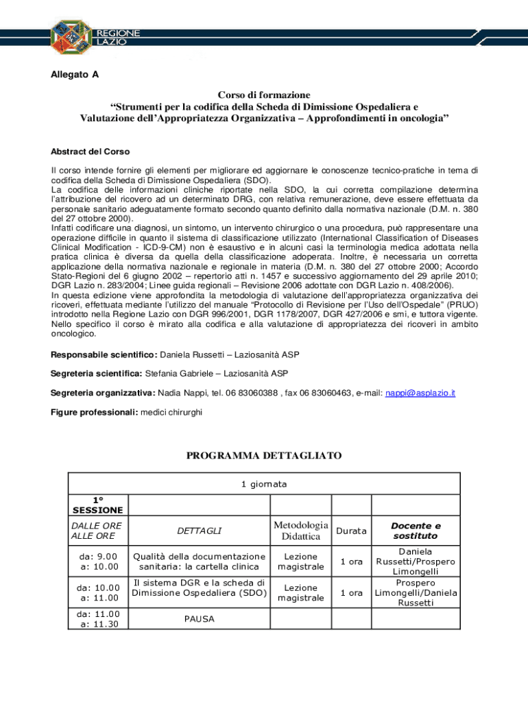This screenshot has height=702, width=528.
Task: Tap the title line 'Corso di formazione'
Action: pyautogui.click(x=264, y=95)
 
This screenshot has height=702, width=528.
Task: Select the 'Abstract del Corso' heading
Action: pyautogui.click(x=91, y=152)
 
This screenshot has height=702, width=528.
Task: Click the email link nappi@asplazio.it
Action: pyautogui.click(x=420, y=393)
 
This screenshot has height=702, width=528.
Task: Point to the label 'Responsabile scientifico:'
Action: pyautogui.click(x=104, y=354)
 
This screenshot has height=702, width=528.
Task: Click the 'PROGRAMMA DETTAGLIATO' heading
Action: pyautogui.click(x=264, y=456)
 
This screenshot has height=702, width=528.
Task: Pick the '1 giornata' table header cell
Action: pyautogui.click(x=264, y=484)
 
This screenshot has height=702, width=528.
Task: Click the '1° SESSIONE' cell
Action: pyautogui.click(x=98, y=505)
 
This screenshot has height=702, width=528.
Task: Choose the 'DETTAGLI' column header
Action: pyautogui.click(x=199, y=531)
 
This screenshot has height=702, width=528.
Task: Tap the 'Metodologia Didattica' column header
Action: pyautogui.click(x=301, y=531)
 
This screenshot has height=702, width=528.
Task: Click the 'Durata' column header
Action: pyautogui.click(x=351, y=531)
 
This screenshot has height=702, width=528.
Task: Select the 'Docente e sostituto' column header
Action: pyautogui.click(x=416, y=531)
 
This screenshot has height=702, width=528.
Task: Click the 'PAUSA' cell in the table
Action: pyautogui.click(x=199, y=619)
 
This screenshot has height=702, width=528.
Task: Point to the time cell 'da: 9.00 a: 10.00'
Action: pyautogui.click(x=98, y=561)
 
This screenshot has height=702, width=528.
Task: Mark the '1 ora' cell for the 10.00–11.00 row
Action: pyautogui.click(x=351, y=592)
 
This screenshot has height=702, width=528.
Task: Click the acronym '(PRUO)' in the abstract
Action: pyautogui.click(x=461, y=304)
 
